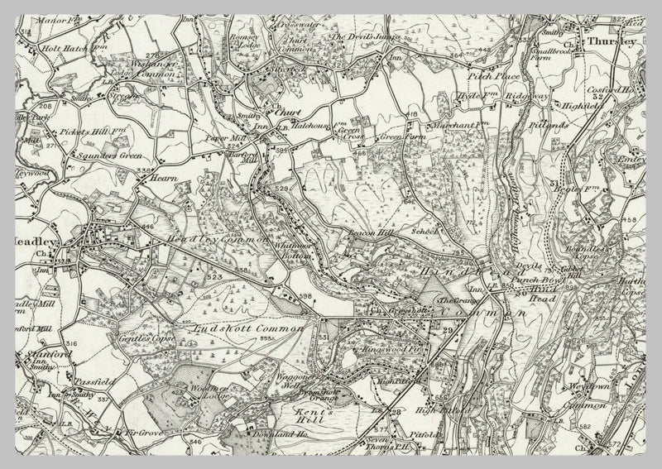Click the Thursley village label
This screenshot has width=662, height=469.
click(612, 40)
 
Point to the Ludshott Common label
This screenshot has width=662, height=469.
click(242, 329)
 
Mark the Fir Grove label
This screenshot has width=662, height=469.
click(142, 432)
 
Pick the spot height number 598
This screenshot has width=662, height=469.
click(305, 297)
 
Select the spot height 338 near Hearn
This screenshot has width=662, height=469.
click(145, 171)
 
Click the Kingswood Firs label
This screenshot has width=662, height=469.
click(386, 351)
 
